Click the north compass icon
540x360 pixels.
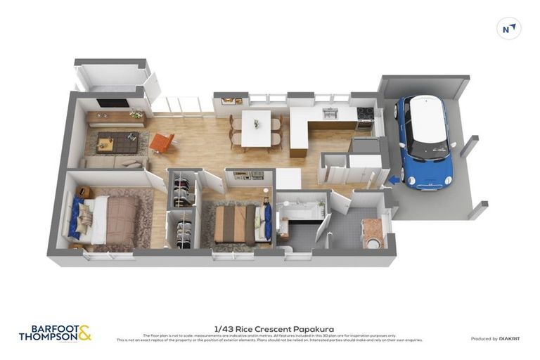pos(508,29)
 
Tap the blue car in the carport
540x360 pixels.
pos(423,141)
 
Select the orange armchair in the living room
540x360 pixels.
pos(161,143)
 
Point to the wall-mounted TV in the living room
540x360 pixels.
pos(112,103)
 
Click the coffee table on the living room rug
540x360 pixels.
pos(106,144)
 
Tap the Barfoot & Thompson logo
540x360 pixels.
pos(55,333)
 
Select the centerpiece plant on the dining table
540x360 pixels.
pos(256,124)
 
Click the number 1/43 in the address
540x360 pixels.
pos(223,328)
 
